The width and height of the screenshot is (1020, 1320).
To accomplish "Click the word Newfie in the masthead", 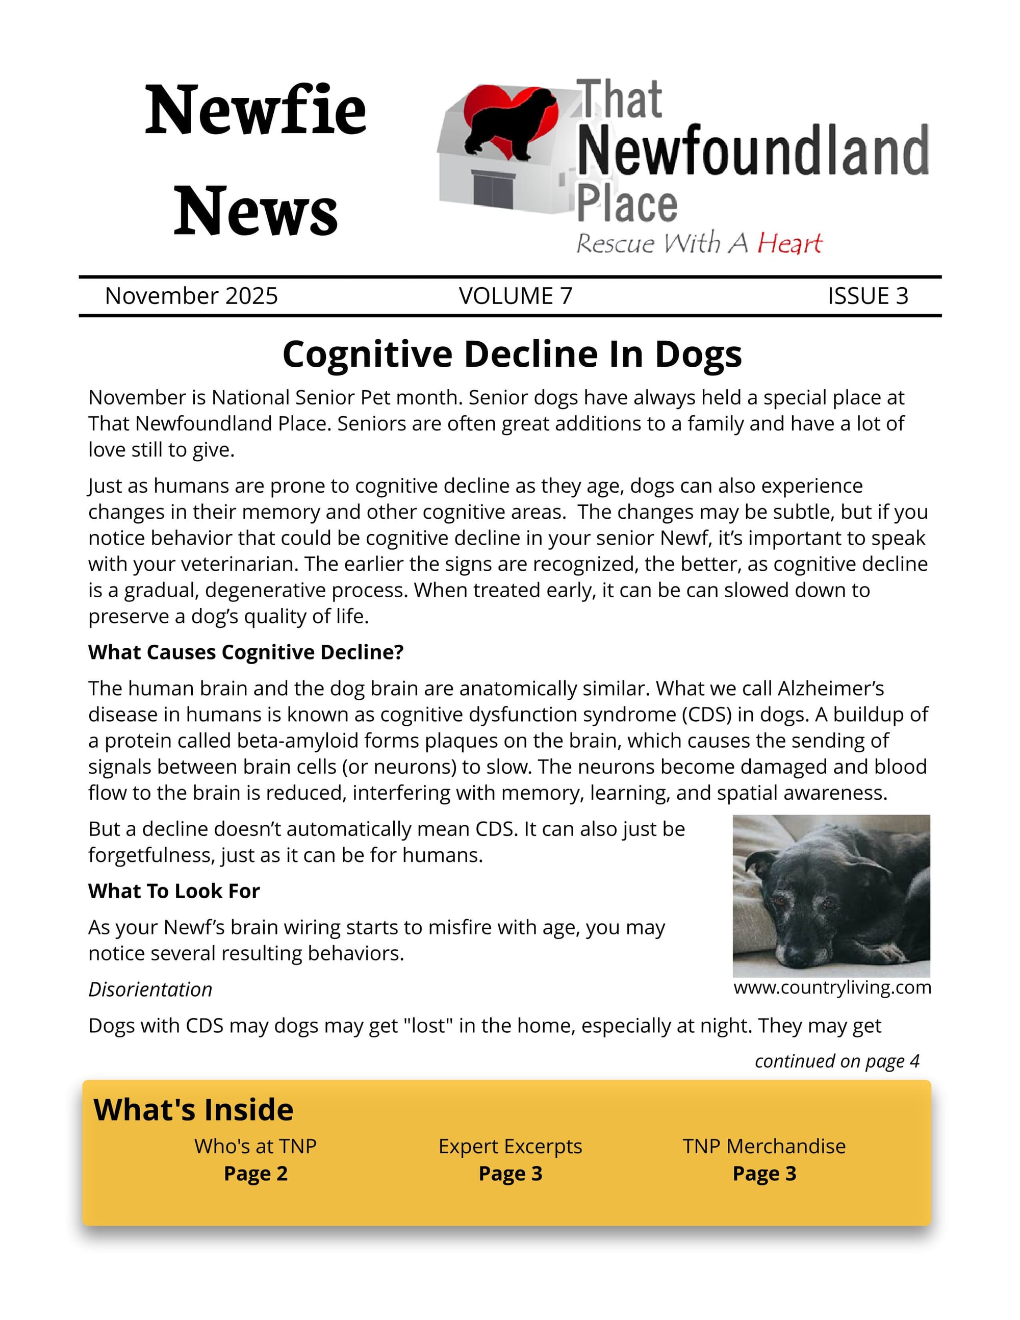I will click(255, 110).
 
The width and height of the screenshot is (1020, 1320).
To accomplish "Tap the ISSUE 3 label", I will click(867, 295).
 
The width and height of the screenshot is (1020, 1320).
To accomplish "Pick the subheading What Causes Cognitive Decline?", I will click(245, 652).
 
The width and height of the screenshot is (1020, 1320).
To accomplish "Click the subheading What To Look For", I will click(173, 891).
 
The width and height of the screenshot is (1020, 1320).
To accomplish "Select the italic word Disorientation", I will click(150, 989).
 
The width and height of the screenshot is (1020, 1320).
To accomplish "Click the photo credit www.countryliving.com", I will click(832, 987).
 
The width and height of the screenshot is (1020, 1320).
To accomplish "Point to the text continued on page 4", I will click(837, 1061).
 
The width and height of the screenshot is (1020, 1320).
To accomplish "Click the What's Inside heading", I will click(193, 1110).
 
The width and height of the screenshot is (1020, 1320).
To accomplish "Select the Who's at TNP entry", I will click(255, 1146).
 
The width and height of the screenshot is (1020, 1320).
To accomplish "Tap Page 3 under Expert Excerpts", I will click(510, 1173).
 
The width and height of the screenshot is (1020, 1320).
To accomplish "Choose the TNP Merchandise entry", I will click(764, 1146).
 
